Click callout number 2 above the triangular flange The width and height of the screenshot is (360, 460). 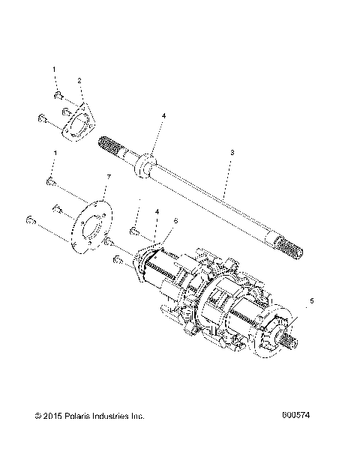tap(80, 80)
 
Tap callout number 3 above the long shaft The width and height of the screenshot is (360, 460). tap(232, 153)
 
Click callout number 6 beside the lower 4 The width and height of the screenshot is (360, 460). tap(176, 221)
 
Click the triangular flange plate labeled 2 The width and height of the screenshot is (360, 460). tap(75, 120)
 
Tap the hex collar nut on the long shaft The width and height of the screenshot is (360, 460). tap(145, 164)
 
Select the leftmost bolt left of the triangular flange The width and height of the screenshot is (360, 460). tap(42, 118)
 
